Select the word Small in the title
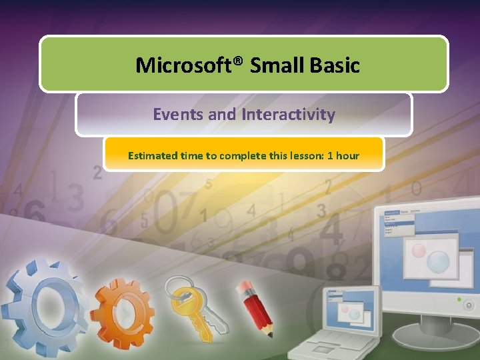(x=277, y=65)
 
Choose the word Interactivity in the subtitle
(x=288, y=115)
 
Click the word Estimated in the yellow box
(x=153, y=156)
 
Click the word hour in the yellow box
(x=347, y=156)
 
